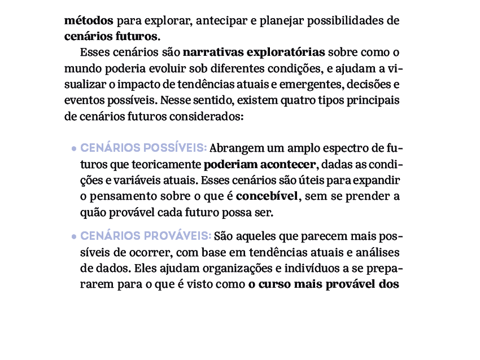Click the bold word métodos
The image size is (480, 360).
click(x=89, y=21)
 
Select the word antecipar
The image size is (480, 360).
click(x=221, y=21)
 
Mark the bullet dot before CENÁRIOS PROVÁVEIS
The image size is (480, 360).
click(x=74, y=236)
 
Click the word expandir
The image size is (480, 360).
click(x=379, y=182)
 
